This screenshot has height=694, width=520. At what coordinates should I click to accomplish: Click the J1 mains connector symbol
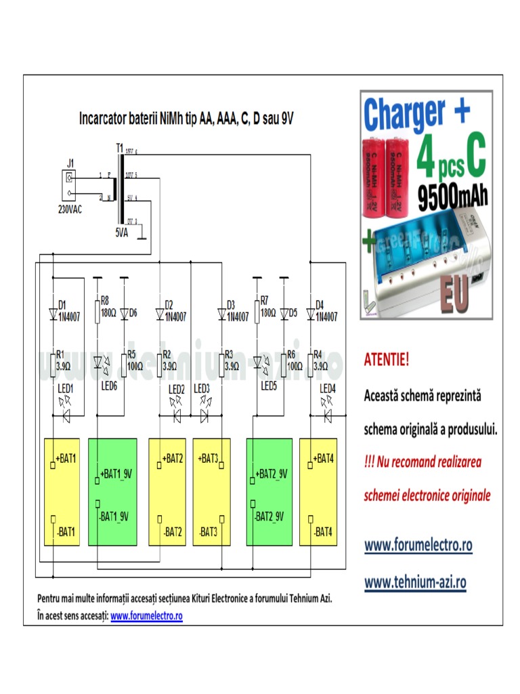68,180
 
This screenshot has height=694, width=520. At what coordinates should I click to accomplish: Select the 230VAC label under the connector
69,210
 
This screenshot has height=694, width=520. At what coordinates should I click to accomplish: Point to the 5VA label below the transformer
121,232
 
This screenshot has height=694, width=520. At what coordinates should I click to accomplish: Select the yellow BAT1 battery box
62,491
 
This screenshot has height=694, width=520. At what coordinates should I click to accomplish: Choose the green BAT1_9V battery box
112,491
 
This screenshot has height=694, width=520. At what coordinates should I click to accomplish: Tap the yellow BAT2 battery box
167,491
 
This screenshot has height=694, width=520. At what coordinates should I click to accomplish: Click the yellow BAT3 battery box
211,491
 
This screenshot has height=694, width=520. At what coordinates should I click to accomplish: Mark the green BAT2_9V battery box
269,491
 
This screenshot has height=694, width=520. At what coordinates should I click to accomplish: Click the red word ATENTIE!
387,359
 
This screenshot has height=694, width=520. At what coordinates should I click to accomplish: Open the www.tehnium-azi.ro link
415,581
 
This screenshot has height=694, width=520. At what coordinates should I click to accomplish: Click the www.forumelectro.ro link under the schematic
146,615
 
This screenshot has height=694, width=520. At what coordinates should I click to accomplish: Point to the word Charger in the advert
405,114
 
